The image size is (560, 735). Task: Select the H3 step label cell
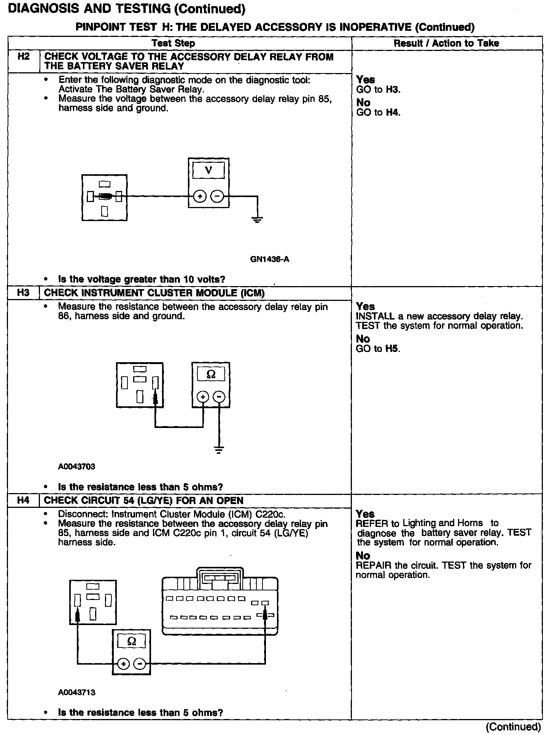tap(24, 293)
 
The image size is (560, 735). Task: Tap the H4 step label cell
tap(24, 500)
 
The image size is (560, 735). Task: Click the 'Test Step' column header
tap(173, 43)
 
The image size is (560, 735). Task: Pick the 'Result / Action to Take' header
tap(446, 43)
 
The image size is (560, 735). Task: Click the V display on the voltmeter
tap(208, 170)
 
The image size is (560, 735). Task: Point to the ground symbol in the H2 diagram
tap(258, 219)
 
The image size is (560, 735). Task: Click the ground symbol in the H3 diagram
tap(219, 450)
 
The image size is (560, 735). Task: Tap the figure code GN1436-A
tap(270, 259)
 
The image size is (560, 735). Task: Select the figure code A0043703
tap(76, 466)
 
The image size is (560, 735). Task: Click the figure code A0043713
tap(76, 692)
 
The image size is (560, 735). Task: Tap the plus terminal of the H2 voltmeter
tap(200, 197)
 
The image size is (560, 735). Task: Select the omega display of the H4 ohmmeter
tap(131, 642)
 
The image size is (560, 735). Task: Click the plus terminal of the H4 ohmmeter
tap(123, 664)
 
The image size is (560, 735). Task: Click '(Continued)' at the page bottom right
tap(513, 727)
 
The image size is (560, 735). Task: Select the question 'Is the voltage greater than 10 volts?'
tap(141, 279)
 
